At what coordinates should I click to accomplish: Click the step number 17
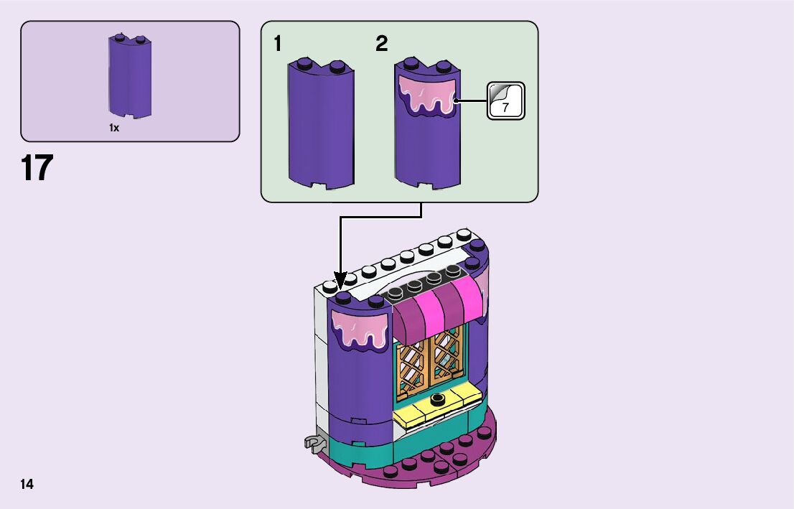click(x=37, y=168)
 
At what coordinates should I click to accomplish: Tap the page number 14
click(x=27, y=484)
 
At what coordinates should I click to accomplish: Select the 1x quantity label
click(x=114, y=128)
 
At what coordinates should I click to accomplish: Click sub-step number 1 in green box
click(x=278, y=44)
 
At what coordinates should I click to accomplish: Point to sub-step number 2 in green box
click(x=381, y=44)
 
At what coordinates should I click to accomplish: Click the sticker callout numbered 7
click(x=506, y=101)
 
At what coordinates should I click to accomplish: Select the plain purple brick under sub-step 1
click(x=320, y=126)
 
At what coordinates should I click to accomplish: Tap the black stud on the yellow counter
click(x=436, y=398)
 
